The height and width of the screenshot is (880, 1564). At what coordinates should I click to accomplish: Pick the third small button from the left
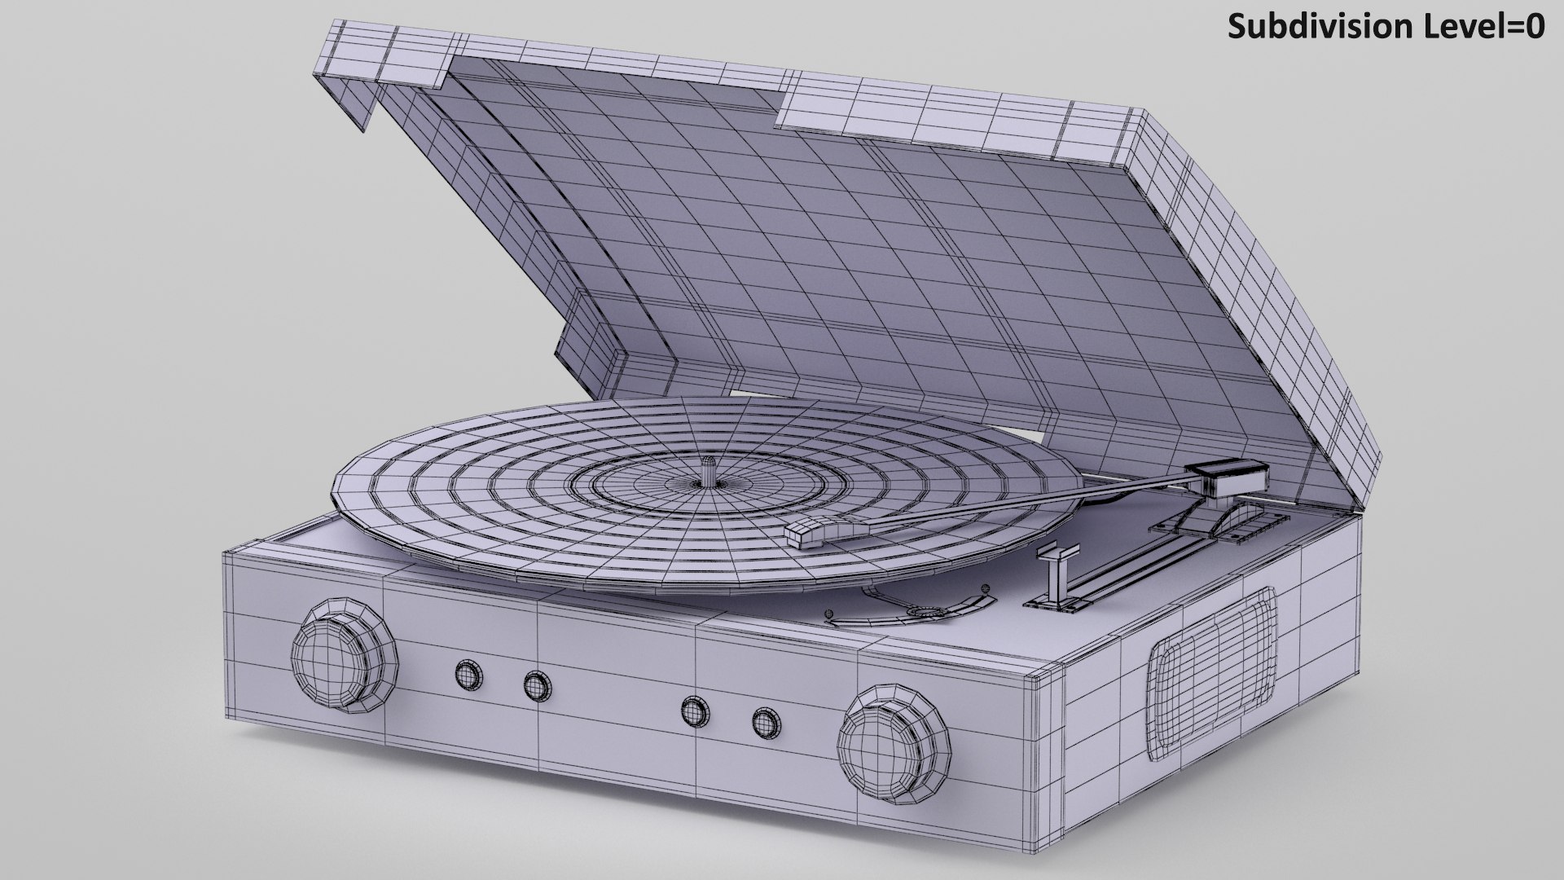pos(694,710)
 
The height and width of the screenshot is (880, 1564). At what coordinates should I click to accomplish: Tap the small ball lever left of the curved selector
pos(830,613)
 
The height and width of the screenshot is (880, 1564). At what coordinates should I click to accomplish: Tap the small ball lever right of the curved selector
pos(986,586)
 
